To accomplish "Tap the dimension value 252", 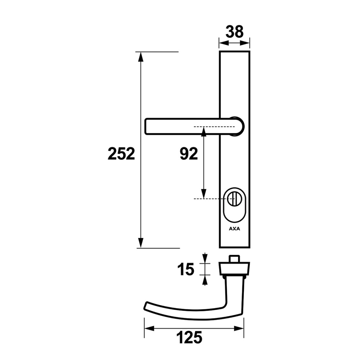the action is click(121, 154).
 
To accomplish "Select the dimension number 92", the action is click(189, 154).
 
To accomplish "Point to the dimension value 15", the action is click(186, 269).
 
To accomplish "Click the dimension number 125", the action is click(189, 337).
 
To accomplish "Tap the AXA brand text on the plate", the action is click(235, 229).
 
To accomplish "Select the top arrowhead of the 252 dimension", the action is click(141, 57).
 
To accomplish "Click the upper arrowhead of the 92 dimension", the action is click(204, 132).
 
